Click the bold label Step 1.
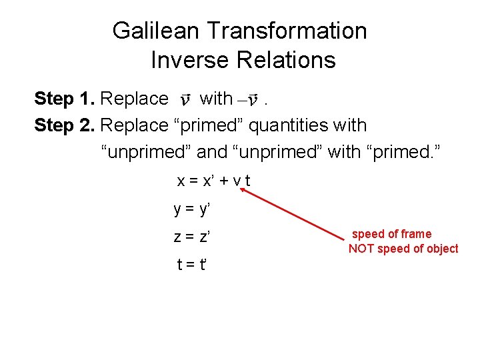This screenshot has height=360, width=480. click(x=64, y=99)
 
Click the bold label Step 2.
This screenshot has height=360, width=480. click(x=64, y=125)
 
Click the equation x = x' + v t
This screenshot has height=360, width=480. click(x=213, y=181)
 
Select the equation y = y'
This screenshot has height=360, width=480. click(x=191, y=209)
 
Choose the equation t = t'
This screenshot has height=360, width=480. click(x=191, y=264)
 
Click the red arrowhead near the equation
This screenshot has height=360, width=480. click(x=244, y=191)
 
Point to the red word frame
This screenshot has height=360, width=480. click(x=416, y=234)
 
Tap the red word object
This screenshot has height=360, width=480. click(x=441, y=249)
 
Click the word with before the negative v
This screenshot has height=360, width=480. click(x=216, y=99)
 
